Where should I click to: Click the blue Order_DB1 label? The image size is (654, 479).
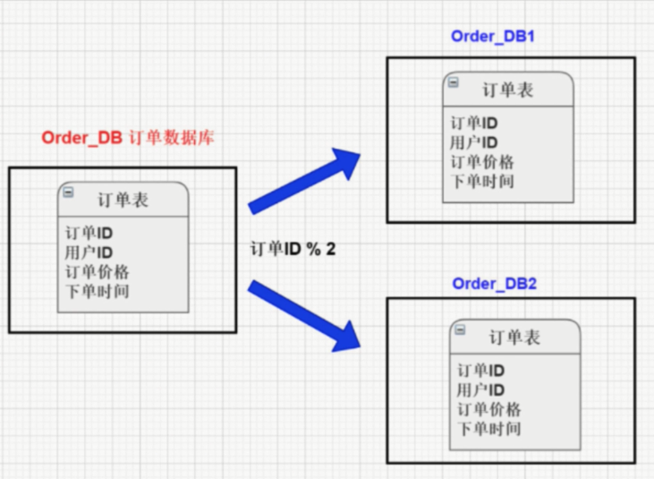pos(493,38)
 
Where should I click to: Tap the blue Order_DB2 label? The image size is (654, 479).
pos(494,284)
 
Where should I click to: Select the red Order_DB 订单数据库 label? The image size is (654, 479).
pos(127,139)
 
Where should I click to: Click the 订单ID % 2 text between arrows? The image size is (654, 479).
pos(293,250)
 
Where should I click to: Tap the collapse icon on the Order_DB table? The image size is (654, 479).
pos(68,192)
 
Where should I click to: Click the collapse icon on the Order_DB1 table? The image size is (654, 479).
pos(453,81)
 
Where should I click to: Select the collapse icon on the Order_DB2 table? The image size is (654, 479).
pos(460,329)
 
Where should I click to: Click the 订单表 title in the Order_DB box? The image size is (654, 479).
pos(123,200)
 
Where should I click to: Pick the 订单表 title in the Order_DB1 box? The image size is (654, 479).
pos(507,90)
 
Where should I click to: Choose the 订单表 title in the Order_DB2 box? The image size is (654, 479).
pos(514,338)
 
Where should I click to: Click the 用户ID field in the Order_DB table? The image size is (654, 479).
pos(89,252)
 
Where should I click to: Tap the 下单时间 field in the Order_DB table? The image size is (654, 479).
pos(97,291)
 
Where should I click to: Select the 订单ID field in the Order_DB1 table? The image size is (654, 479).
pos(473,124)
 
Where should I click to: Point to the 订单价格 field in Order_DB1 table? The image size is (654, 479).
pos(481,162)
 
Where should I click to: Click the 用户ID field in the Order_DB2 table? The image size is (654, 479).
pos(480,389)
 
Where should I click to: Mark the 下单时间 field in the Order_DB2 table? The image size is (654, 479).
pos(488,428)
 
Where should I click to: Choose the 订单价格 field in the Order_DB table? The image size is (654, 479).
pos(97,271)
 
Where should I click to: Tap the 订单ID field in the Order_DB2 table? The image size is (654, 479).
pos(480,371)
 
